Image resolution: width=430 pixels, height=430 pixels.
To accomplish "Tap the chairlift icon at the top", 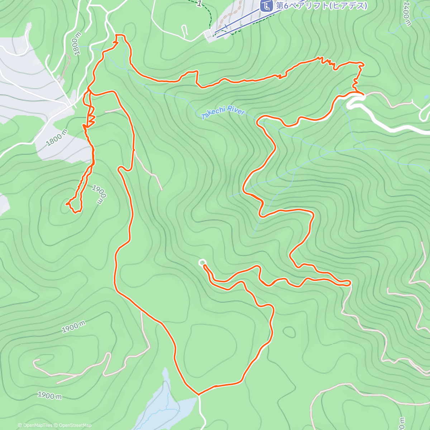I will [266, 6].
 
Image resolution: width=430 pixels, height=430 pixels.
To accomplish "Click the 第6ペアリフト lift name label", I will [321, 6].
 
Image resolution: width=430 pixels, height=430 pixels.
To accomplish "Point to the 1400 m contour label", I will [407, 14].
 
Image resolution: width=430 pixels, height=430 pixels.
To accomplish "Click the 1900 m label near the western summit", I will [99, 195].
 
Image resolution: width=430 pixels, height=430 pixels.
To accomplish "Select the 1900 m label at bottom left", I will [50, 396].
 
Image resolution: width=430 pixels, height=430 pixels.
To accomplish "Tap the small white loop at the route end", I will [202, 263].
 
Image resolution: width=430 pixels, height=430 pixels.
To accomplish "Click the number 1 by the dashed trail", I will [199, 4].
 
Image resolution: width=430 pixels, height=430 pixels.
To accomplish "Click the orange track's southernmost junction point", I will [199, 395].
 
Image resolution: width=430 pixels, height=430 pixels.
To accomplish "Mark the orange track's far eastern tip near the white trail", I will [349, 283].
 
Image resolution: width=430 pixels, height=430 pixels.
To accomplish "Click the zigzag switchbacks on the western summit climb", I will [90, 120].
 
